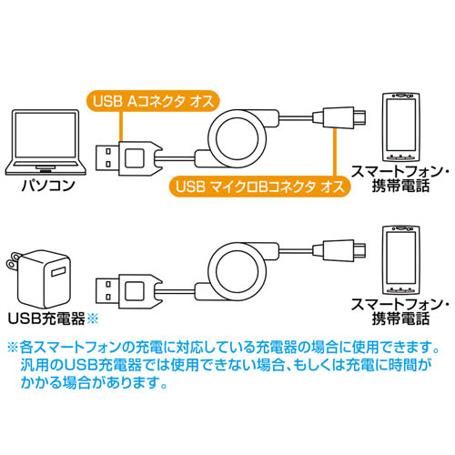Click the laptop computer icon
45,143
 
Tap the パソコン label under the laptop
48,186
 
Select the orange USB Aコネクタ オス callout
153,101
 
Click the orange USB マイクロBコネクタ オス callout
259,187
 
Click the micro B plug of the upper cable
339,116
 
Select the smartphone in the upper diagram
400,127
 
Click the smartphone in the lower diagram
400,260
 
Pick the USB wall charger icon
39,278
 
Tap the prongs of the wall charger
13,261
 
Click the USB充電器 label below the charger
46,318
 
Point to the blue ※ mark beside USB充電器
93,318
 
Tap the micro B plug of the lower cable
339,250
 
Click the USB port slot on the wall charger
59,271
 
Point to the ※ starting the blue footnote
13,348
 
